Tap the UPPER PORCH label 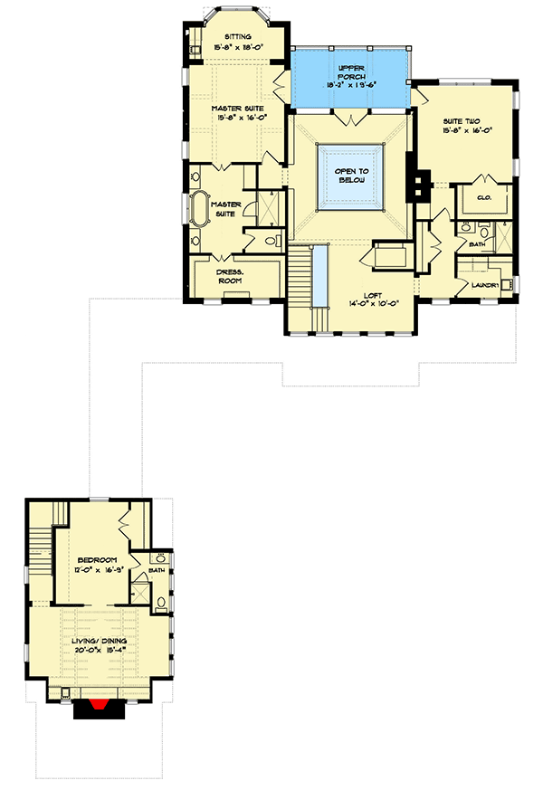click(x=350, y=69)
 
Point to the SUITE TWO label click(x=461, y=119)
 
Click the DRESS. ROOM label click(x=226, y=276)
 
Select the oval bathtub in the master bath click(x=200, y=208)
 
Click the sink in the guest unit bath click(x=158, y=557)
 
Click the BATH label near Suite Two click(x=475, y=244)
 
